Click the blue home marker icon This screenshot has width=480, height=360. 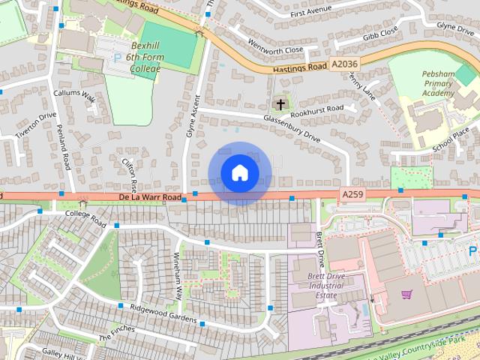coord(240,173)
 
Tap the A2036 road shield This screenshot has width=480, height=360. coord(344,65)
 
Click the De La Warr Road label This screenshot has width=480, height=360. coord(149,198)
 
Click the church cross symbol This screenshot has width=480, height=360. coord(280,104)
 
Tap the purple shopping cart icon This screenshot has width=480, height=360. coord(406,295)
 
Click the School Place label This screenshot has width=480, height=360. coord(450,140)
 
